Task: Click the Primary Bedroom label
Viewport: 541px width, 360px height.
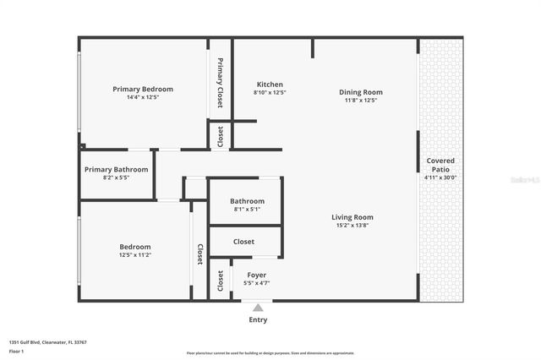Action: [143, 89]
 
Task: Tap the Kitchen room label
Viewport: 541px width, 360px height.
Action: [270, 85]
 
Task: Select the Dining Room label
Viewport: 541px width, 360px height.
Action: [361, 92]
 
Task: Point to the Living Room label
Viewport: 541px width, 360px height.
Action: [352, 217]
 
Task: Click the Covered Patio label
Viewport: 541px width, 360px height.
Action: [440, 165]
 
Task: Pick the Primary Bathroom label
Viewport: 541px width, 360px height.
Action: [117, 169]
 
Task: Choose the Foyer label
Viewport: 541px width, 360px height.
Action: [256, 275]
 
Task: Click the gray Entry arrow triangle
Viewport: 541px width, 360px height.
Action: [258, 308]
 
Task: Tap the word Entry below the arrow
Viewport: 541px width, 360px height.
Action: [258, 320]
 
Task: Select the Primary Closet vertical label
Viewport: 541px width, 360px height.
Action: [220, 83]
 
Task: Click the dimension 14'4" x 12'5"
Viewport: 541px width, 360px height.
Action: [143, 98]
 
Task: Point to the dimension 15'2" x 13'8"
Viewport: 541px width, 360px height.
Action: [352, 226]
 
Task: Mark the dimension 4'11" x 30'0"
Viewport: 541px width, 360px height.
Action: [440, 177]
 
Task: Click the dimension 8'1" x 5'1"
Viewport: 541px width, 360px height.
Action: [247, 210]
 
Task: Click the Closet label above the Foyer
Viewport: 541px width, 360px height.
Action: [243, 242]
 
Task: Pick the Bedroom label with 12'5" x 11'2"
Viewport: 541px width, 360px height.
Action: [135, 246]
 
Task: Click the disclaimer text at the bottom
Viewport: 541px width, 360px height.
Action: [271, 352]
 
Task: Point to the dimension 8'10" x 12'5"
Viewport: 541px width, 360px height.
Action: [270, 93]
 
